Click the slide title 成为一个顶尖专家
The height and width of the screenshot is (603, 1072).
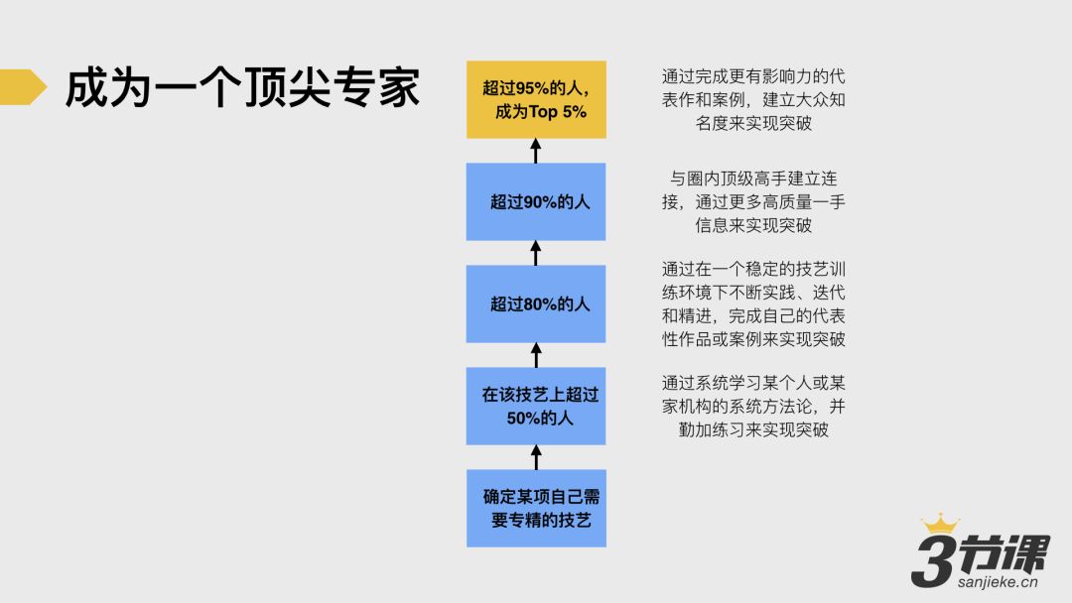tap(242, 88)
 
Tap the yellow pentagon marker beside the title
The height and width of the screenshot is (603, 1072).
tap(22, 87)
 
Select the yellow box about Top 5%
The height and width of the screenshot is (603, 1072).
tap(536, 99)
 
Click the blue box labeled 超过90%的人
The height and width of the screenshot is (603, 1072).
tap(536, 201)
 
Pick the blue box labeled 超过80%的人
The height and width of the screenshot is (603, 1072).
tap(536, 303)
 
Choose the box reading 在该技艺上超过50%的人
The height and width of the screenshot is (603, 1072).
tap(536, 406)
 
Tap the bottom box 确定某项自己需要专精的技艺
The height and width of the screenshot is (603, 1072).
tap(536, 508)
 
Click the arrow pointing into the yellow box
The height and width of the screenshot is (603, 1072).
tap(536, 151)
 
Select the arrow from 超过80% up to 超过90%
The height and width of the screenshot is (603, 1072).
tap(536, 253)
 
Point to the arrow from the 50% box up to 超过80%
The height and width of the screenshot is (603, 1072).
tap(536, 355)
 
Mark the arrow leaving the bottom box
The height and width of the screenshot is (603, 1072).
tap(536, 457)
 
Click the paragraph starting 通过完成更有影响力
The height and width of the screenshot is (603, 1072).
tap(753, 100)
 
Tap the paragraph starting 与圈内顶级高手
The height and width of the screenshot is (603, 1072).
tap(753, 201)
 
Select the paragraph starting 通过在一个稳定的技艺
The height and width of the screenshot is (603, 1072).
tap(753, 303)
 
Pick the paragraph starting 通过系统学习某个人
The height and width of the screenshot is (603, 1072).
tap(753, 406)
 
